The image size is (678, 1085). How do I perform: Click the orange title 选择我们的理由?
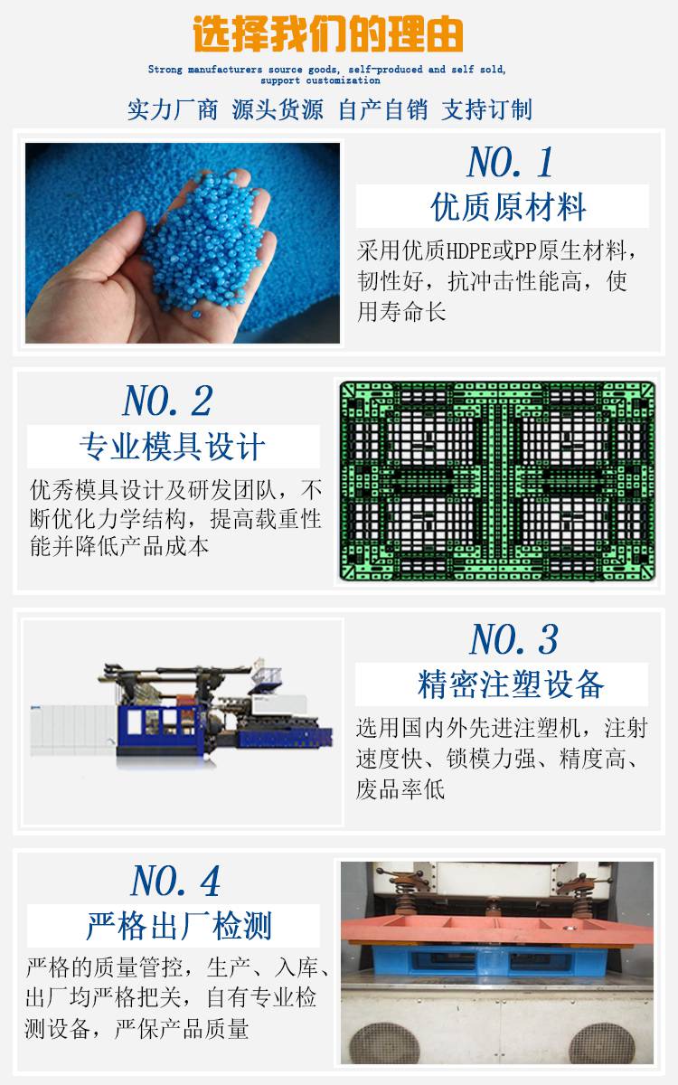coord(328,34)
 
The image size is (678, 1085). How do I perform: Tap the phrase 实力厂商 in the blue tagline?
coord(173,109)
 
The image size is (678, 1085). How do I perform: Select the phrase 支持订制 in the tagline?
coord(486,109)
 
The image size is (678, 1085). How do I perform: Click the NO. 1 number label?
coord(510,162)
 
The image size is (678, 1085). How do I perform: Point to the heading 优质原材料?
coord(508,207)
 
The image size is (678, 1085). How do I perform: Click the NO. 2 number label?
coord(167,401)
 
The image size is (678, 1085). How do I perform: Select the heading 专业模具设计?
coord(173,446)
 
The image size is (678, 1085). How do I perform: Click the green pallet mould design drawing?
coord(497,481)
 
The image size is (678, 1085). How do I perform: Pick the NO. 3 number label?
coord(513,639)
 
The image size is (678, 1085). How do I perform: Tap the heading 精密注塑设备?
coord(511,684)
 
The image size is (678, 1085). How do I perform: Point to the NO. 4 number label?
coord(175,881)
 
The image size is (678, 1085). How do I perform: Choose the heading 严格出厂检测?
coord(179,926)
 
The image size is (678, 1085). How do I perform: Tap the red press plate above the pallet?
coord(497,930)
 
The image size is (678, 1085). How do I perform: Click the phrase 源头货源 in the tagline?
coord(278,109)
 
